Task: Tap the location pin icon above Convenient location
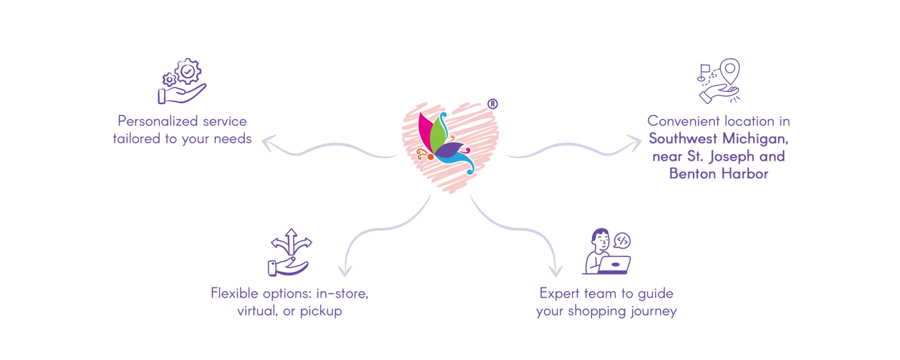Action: tap(720, 81)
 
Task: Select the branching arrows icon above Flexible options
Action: tap(289, 251)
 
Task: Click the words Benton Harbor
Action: tap(718, 174)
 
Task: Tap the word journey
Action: tap(654, 311)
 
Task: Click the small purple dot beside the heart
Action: tap(492, 102)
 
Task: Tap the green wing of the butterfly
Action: tap(438, 132)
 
